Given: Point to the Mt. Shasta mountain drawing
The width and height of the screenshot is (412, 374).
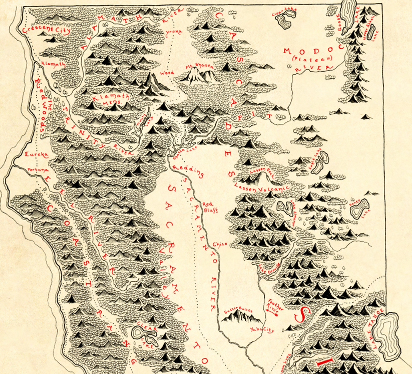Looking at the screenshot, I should click(200, 77).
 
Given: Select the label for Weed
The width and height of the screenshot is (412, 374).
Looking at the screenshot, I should click(167, 73).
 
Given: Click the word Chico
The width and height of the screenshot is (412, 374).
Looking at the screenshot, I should click(220, 244).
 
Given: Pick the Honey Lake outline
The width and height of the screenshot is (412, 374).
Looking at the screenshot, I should click(359, 208).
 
